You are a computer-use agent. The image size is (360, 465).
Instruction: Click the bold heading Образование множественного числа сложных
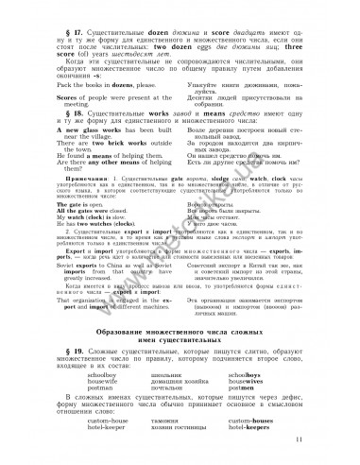coord(179,332)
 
